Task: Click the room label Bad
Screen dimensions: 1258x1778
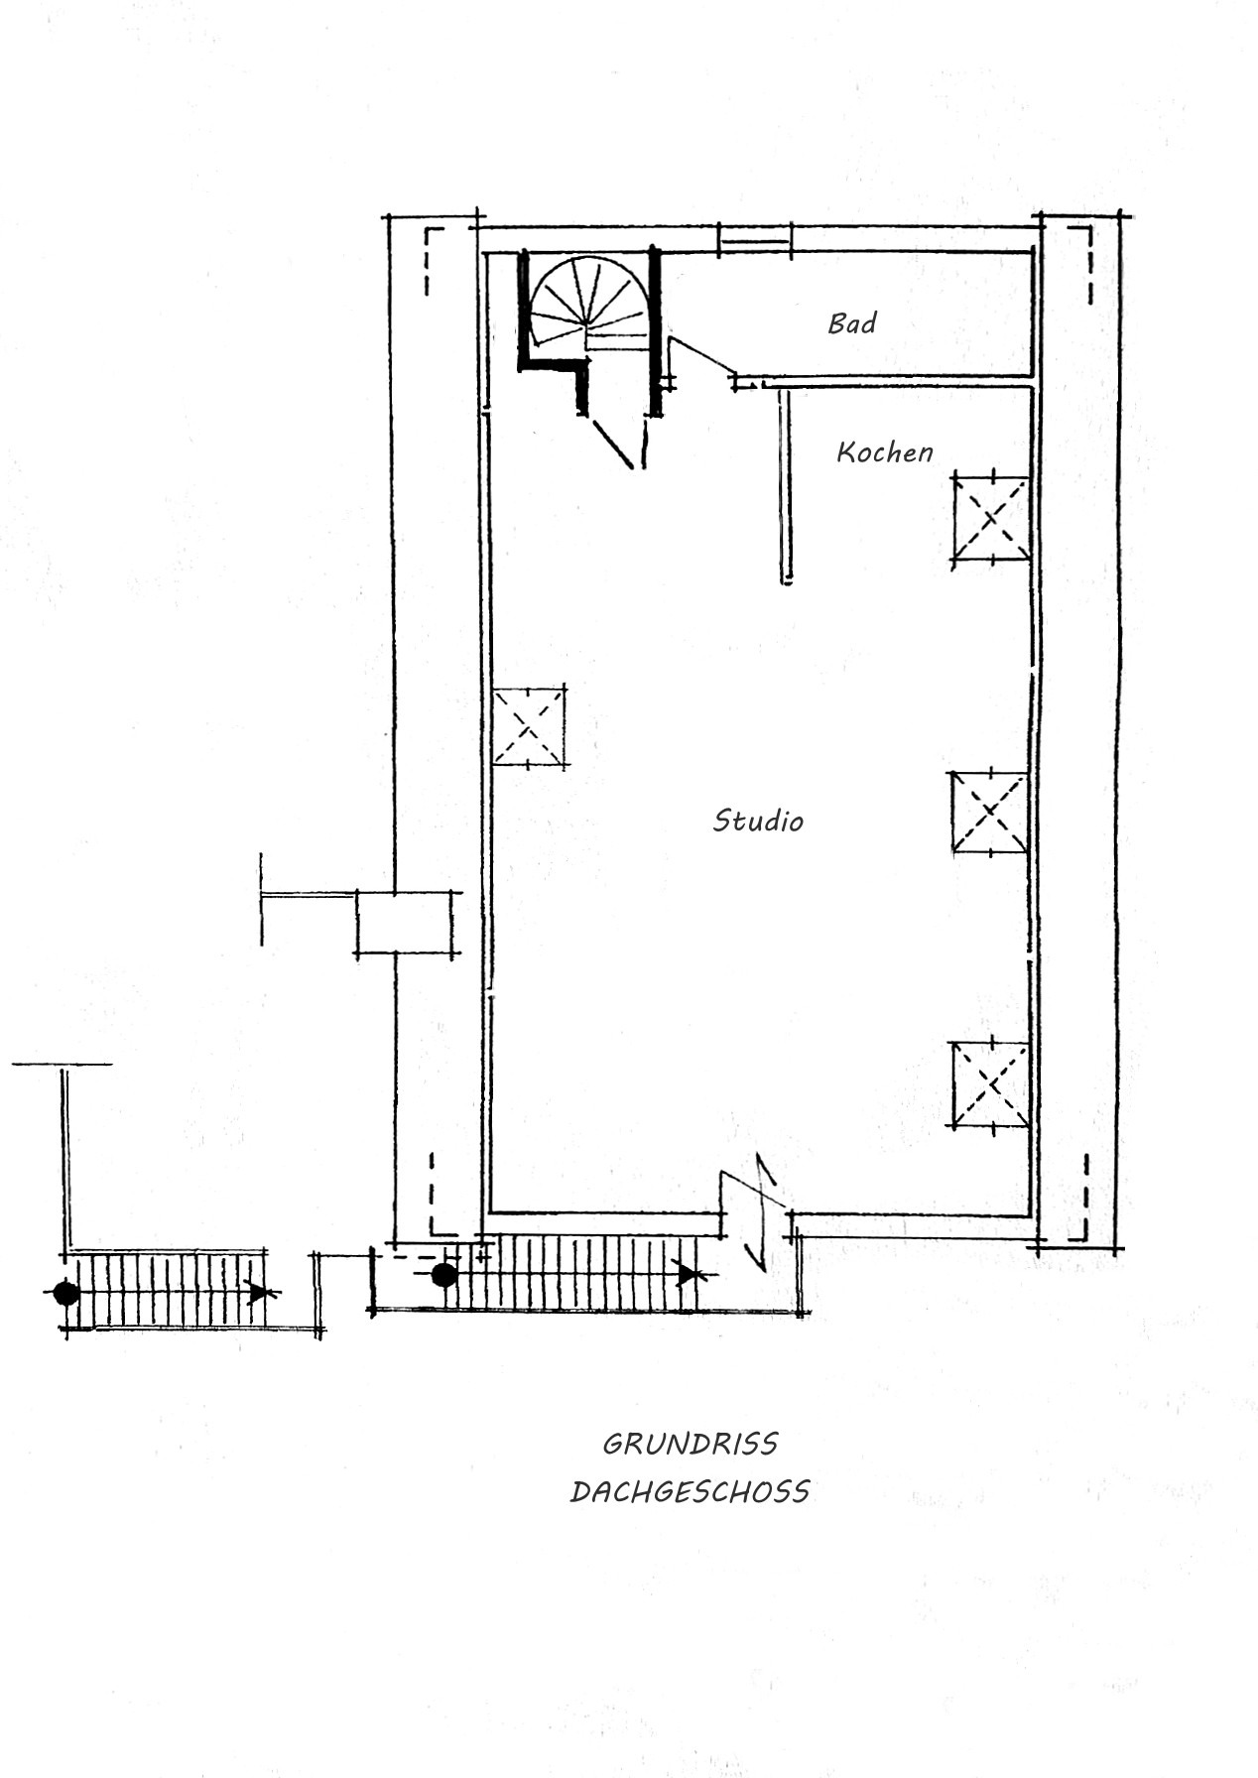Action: (851, 323)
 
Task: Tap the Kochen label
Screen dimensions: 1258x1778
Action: (884, 452)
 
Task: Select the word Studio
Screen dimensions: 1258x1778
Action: (758, 821)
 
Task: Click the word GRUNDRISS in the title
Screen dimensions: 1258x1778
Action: (691, 1444)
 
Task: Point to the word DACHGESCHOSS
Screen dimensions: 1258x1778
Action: (691, 1491)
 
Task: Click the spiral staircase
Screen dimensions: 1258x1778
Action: (587, 303)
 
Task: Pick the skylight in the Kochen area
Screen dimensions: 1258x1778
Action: (990, 520)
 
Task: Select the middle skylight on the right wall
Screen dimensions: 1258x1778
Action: (990, 813)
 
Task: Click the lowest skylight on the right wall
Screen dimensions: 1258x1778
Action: (990, 1084)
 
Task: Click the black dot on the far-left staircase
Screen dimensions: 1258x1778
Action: (66, 1293)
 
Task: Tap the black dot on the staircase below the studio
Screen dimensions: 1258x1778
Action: (444, 1275)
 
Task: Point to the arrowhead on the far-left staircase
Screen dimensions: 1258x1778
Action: (259, 1292)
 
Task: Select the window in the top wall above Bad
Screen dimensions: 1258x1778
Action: (755, 239)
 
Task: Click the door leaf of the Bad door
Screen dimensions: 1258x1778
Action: (703, 356)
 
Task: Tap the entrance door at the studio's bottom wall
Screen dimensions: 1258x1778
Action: (761, 1212)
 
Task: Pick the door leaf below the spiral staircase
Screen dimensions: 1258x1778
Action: (613, 443)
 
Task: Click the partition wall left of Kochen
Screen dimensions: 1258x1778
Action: (786, 486)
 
